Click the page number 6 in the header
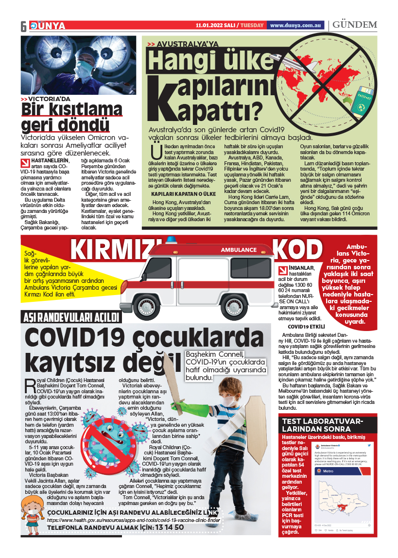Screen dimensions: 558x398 tap(23, 26)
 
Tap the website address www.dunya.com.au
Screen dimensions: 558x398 tap(296, 25)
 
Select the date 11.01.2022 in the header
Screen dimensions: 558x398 tap(210, 25)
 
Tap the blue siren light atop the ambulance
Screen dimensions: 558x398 tap(173, 240)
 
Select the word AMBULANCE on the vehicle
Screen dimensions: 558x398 tap(239, 250)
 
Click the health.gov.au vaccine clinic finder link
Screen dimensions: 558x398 tap(133, 520)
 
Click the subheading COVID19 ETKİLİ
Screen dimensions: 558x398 tap(306, 327)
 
